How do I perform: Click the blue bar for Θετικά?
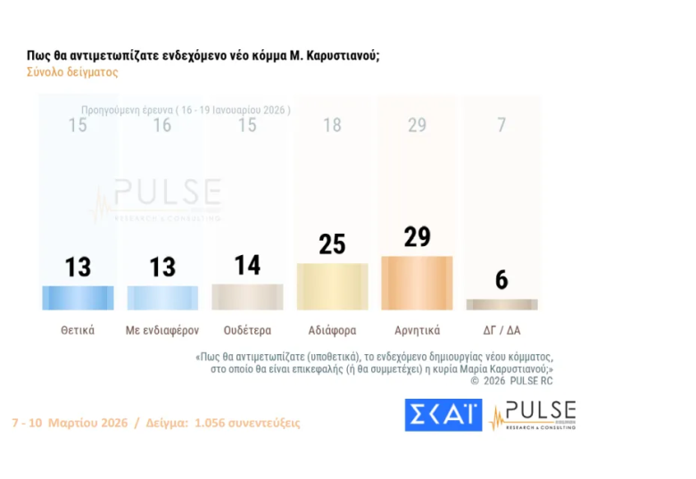pyautogui.click(x=78, y=297)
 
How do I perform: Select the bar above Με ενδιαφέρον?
pyautogui.click(x=162, y=297)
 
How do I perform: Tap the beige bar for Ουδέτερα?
pyautogui.click(x=247, y=296)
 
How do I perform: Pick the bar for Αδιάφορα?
pyautogui.click(x=332, y=285)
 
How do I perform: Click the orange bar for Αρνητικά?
pyautogui.click(x=417, y=282)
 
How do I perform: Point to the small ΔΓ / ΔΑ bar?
pyautogui.click(x=501, y=304)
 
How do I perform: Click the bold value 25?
pyautogui.click(x=332, y=244)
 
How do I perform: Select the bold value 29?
pyautogui.click(x=417, y=236)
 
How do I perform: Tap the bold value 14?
pyautogui.click(x=247, y=265)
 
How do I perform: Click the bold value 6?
pyautogui.click(x=501, y=280)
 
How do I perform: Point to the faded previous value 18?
pyautogui.click(x=332, y=126)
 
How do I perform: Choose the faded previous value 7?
pyautogui.click(x=501, y=126)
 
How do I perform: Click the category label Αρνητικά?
pyautogui.click(x=417, y=330)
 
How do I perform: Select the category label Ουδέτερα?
pyautogui.click(x=247, y=330)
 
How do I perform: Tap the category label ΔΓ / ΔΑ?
pyautogui.click(x=501, y=330)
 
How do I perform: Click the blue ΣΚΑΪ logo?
pyautogui.click(x=443, y=415)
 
